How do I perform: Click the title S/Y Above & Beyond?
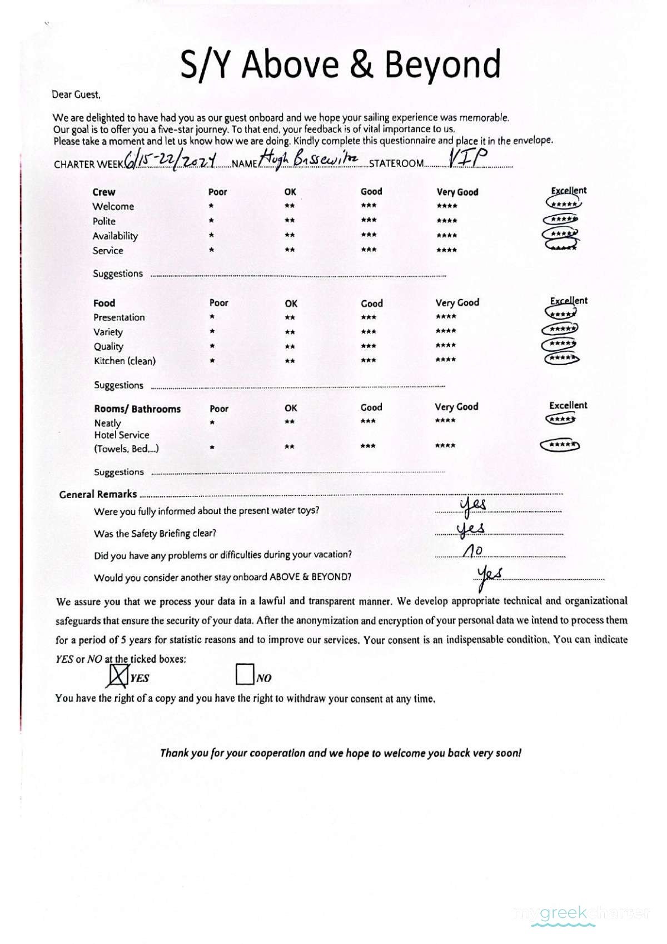click(x=340, y=64)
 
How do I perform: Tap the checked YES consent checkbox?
click(x=117, y=675)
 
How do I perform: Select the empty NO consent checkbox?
click(x=245, y=674)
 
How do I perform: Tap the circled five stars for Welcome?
click(x=564, y=204)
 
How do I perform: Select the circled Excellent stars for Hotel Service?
click(x=560, y=445)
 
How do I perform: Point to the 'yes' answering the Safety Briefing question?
click(x=470, y=529)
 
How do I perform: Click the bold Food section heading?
click(x=104, y=303)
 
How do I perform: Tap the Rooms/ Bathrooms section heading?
click(x=137, y=409)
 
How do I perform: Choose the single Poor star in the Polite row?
click(x=211, y=221)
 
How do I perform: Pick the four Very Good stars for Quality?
click(x=446, y=345)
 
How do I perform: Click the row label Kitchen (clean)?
click(x=125, y=361)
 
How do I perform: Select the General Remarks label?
click(x=98, y=494)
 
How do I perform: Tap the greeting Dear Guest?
click(x=76, y=95)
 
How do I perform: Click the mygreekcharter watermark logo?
click(x=582, y=913)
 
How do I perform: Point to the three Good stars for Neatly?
click(x=368, y=421)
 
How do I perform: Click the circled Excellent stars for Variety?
click(x=560, y=329)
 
